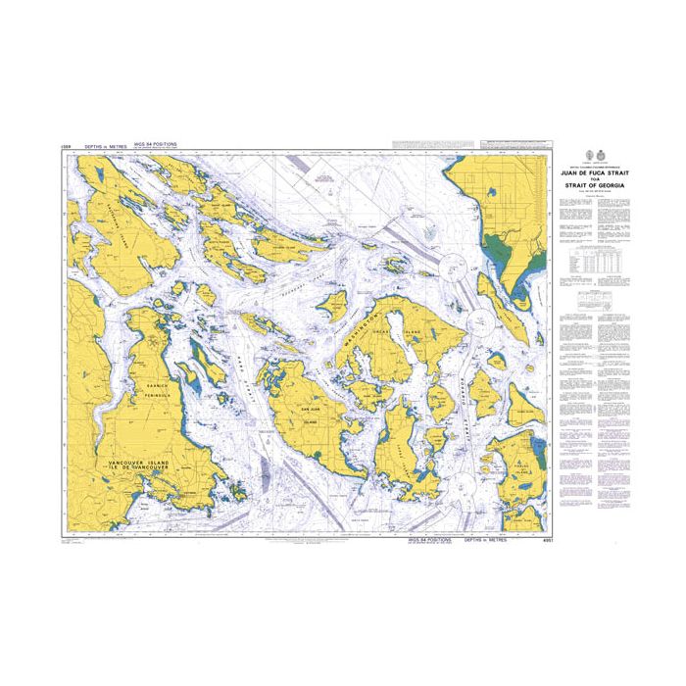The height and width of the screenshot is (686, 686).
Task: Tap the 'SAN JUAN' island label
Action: (310, 409)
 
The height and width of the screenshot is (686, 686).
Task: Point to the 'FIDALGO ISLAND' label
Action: (523, 468)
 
